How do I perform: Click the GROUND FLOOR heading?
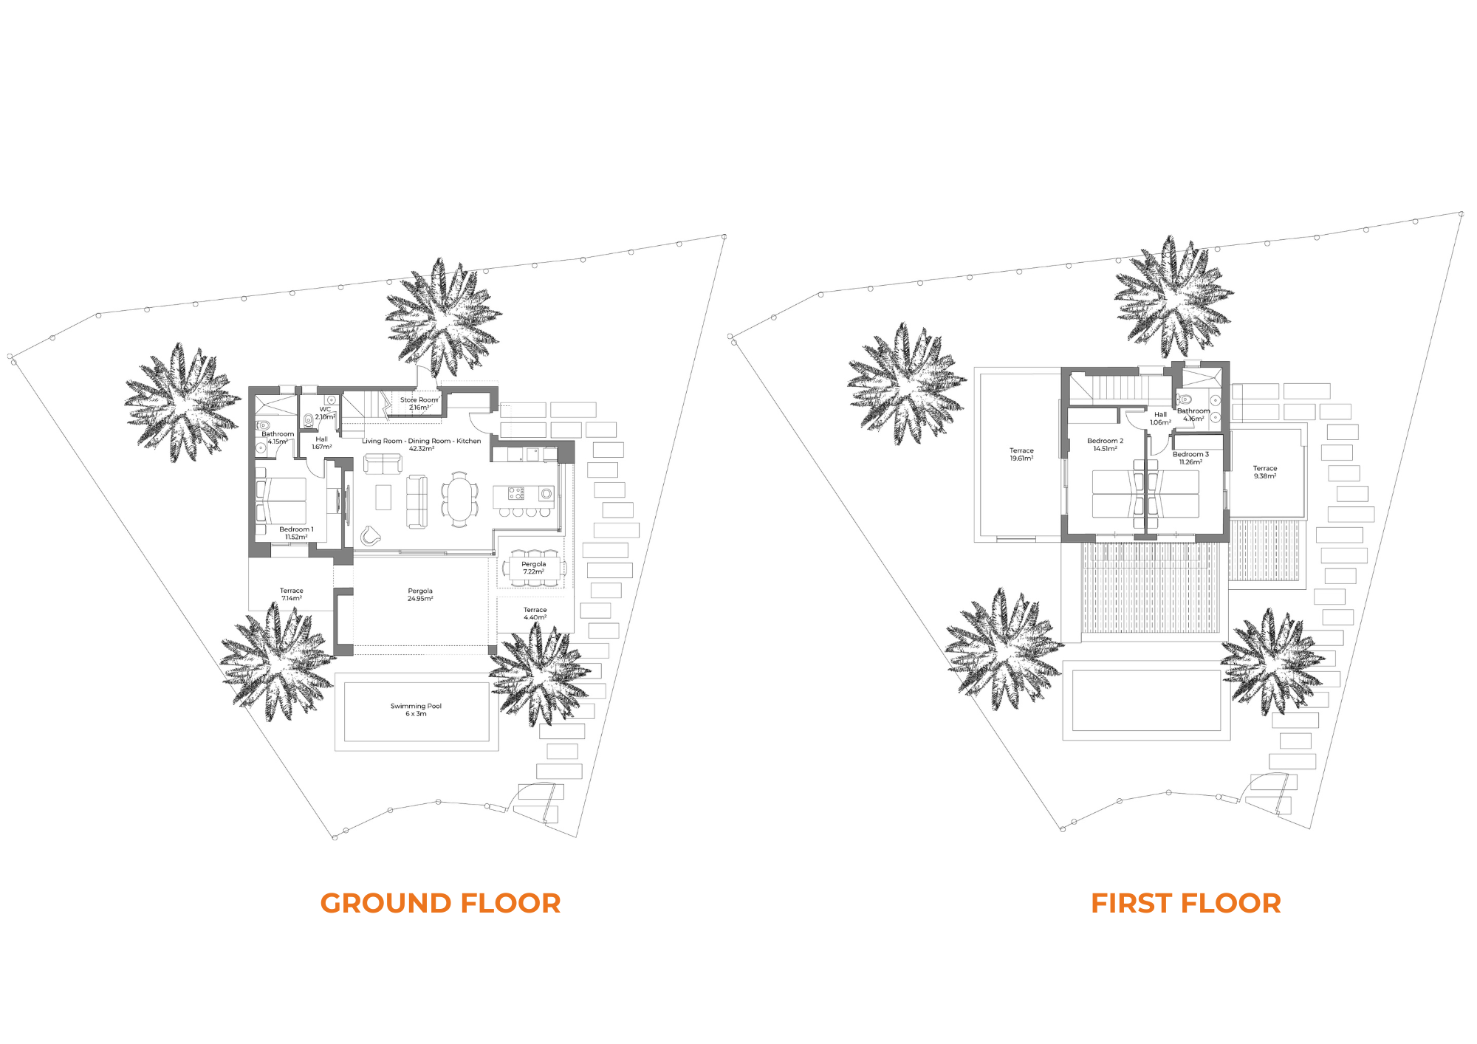coord(440,903)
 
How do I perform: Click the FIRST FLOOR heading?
coord(1186,903)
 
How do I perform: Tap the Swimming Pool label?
coord(416,710)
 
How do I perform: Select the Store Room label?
coord(419,403)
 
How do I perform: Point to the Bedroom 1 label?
coord(296,533)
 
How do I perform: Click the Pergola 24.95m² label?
coord(420,594)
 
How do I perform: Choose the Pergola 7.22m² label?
coord(533,568)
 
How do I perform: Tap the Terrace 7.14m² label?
coord(291,594)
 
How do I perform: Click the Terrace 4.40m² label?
coord(535,614)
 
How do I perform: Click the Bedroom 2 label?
coord(1105,444)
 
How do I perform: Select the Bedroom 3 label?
coord(1190,458)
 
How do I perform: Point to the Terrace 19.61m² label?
coord(1021,454)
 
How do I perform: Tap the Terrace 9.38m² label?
coord(1264,472)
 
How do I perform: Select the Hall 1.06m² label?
coord(1160,419)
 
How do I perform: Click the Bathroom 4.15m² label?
coord(278,438)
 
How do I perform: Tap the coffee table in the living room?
coord(383,497)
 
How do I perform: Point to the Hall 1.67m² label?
coord(321,443)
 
